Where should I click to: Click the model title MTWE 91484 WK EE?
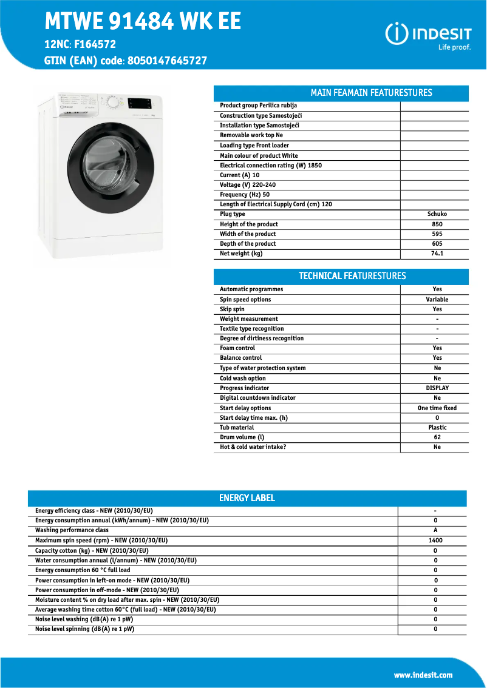coord(143,22)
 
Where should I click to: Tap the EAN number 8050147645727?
coord(168,61)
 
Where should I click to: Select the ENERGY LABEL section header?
coord(247,498)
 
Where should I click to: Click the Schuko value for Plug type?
coord(437,214)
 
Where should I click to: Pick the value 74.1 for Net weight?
coord(437,254)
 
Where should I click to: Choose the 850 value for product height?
coord(437,224)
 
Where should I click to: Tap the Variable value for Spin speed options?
coord(437,300)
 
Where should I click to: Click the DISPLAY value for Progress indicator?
coord(437,388)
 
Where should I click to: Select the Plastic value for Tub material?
coord(437,428)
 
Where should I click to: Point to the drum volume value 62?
coord(437,437)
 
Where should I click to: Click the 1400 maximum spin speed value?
coord(435,541)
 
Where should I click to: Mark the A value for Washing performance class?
coord(435,530)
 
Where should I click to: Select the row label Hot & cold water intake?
coord(253,447)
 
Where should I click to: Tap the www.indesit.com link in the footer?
coord(423,675)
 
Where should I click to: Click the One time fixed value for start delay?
coord(437,408)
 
